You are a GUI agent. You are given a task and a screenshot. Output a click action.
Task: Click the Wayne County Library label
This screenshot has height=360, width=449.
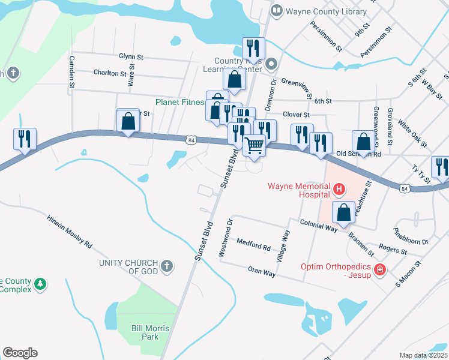(327, 11)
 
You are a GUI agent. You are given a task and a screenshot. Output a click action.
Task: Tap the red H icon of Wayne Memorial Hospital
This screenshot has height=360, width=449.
(339, 191)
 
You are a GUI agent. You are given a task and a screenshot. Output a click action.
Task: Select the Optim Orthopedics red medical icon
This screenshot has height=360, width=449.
(379, 270)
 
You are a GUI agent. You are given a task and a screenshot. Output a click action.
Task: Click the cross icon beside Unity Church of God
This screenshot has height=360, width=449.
(167, 265)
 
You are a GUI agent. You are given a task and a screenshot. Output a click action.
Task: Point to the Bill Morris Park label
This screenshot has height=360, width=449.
(150, 332)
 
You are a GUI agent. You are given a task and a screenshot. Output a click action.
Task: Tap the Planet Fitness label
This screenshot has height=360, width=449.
(180, 102)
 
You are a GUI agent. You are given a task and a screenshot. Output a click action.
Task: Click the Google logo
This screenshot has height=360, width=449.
(20, 352)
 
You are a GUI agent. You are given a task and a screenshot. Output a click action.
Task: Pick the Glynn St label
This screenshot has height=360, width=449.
(131, 56)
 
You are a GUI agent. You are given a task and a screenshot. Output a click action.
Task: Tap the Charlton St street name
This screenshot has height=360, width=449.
(109, 73)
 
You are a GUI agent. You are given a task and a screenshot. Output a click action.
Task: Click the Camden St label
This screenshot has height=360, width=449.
(71, 72)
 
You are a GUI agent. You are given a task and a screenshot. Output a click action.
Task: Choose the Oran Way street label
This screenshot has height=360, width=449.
(262, 272)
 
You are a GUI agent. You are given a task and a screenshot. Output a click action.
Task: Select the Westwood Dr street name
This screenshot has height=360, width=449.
(225, 238)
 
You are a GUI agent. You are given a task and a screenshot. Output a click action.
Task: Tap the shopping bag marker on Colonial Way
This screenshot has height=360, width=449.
(343, 214)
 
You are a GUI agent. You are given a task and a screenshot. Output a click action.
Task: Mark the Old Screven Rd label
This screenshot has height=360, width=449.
(358, 154)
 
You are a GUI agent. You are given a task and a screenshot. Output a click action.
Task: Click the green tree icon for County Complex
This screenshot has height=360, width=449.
(40, 283)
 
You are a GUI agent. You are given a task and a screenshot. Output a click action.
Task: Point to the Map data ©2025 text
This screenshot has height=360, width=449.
(423, 355)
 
